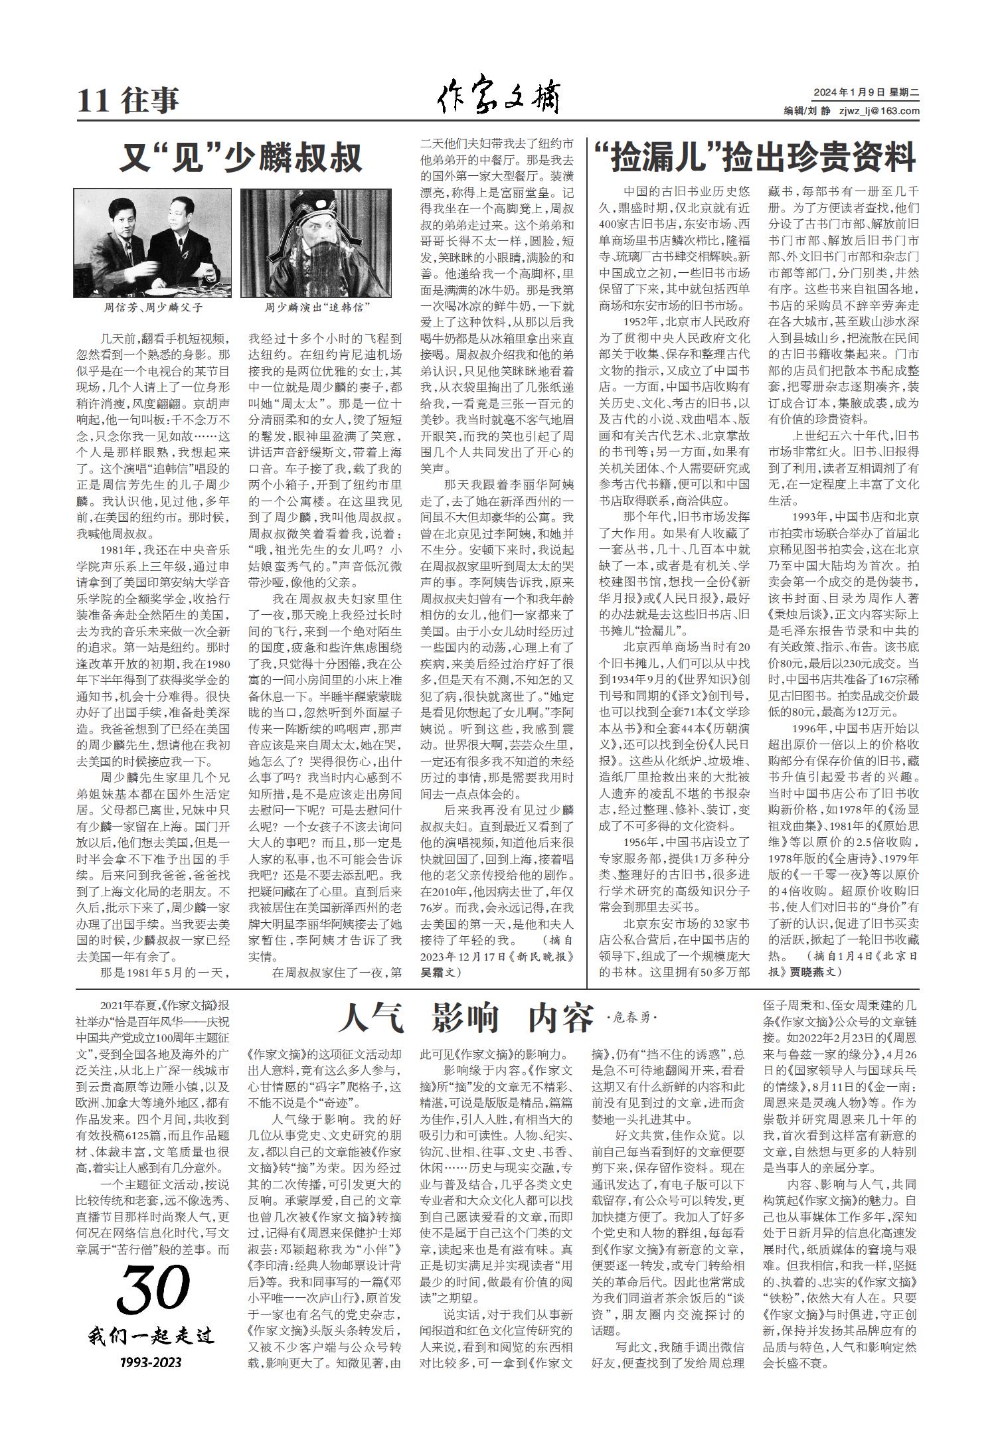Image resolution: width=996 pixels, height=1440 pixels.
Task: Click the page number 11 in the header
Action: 92,101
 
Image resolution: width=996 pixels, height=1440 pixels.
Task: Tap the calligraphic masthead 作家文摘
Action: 497,98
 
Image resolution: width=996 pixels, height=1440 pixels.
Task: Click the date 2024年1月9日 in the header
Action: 843,93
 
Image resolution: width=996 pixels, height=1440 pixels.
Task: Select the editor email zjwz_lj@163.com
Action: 879,112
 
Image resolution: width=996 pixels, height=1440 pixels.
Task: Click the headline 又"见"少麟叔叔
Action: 241,158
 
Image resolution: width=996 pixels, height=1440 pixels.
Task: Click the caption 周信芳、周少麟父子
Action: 153,308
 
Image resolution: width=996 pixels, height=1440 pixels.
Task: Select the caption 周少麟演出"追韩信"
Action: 317,308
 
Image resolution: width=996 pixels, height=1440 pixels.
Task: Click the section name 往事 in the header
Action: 151,101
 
